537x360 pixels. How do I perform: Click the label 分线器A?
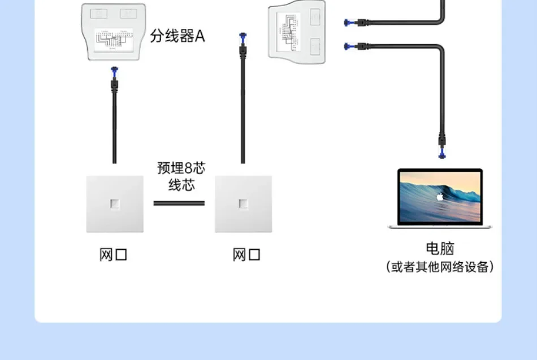177,37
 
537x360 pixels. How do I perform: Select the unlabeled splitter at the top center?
296,28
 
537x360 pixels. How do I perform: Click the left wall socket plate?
114,203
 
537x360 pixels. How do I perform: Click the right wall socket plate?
243,203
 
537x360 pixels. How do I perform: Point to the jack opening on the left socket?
114,203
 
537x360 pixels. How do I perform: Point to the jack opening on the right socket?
243,203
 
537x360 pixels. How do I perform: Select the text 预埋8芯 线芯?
181,176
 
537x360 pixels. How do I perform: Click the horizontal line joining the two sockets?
179,203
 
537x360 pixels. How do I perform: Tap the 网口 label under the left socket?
114,255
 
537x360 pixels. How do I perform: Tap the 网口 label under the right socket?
246,255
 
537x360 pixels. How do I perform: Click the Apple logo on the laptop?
440,197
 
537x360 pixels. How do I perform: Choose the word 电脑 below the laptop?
439,248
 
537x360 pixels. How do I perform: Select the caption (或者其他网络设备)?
439,267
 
